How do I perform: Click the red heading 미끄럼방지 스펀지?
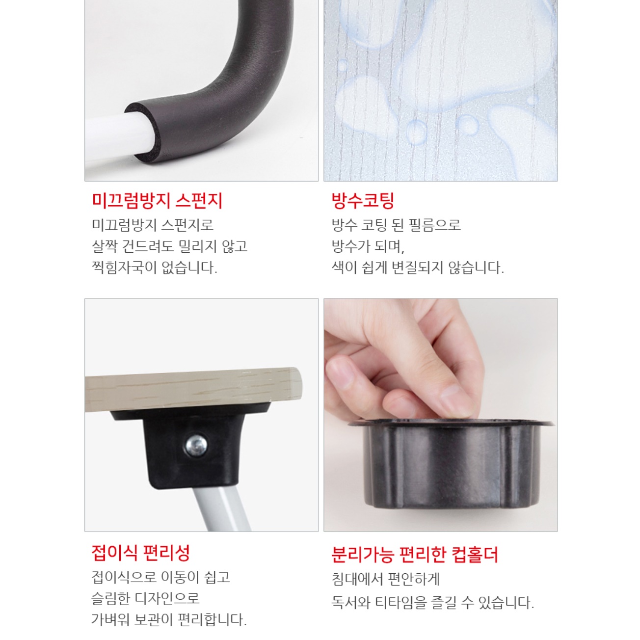(x=157, y=201)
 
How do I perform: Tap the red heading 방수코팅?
(x=363, y=201)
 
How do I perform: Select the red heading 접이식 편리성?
(x=140, y=553)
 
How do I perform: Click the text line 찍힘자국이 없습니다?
(x=155, y=268)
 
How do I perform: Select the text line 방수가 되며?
(x=368, y=246)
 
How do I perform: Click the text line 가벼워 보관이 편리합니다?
(x=169, y=620)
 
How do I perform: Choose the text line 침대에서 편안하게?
(x=386, y=580)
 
